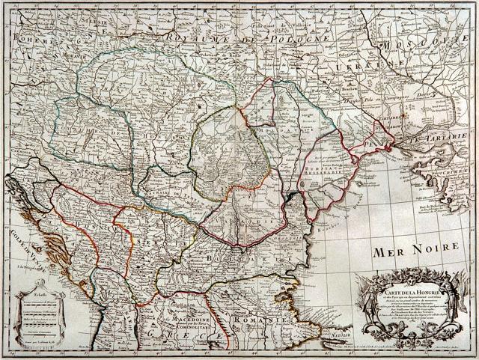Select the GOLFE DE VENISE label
tap(22, 240)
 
